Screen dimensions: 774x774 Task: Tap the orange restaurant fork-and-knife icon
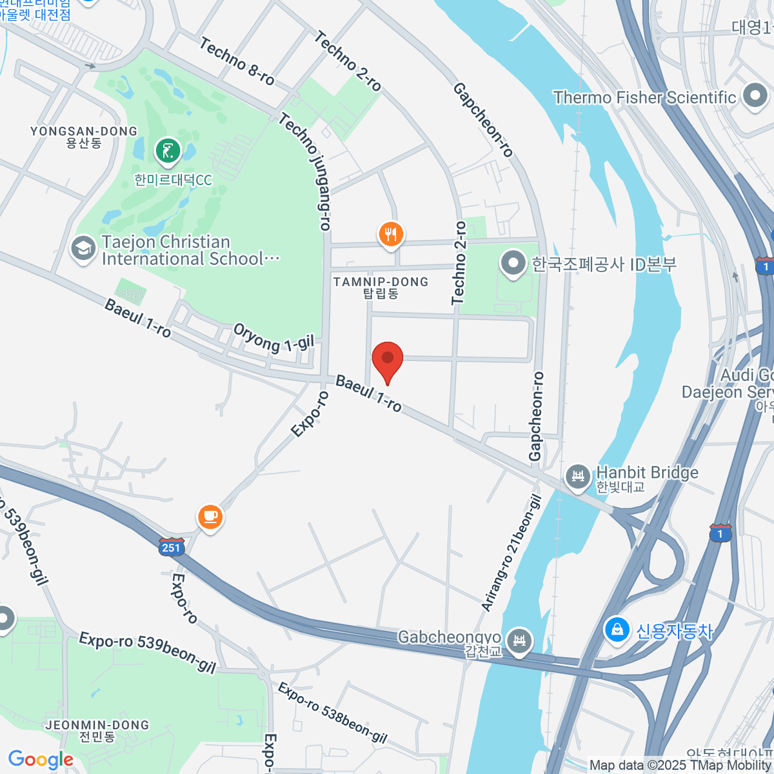[x=390, y=233]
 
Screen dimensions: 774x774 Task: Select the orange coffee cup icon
[x=210, y=516]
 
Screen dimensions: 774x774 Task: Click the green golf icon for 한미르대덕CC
[x=168, y=152]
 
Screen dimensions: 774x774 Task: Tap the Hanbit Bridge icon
[x=578, y=477]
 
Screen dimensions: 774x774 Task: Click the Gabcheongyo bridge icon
[x=520, y=640]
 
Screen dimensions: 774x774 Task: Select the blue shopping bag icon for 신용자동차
[x=617, y=630]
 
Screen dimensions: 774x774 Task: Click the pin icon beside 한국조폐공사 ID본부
[x=513, y=263]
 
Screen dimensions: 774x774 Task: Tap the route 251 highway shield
[x=171, y=547]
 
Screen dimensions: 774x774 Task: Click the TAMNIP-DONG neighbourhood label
[x=381, y=287]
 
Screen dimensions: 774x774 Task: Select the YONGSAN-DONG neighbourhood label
[x=84, y=136]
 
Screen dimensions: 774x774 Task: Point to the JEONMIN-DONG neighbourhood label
[x=97, y=730]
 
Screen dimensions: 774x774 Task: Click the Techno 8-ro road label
[x=237, y=62]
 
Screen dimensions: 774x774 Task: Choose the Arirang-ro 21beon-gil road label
[x=510, y=553]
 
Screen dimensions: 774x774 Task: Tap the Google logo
[x=41, y=759]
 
